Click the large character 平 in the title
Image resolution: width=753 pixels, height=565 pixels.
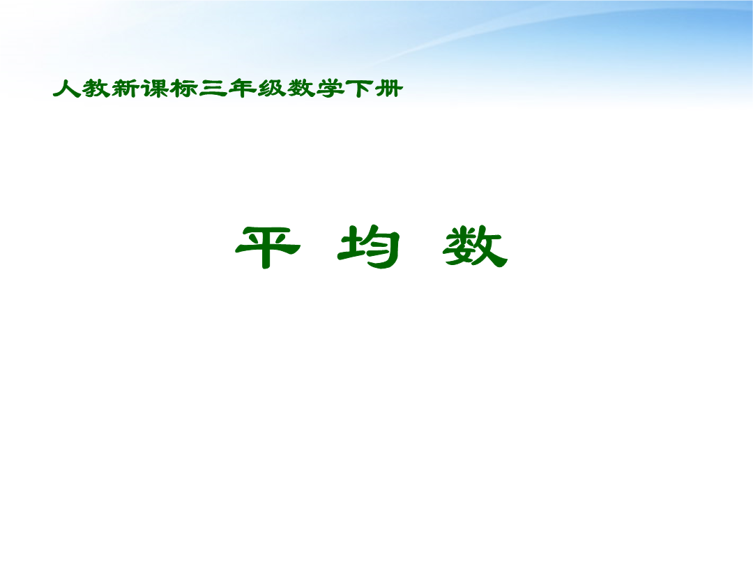(x=268, y=247)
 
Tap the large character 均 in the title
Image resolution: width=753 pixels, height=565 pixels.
(x=369, y=246)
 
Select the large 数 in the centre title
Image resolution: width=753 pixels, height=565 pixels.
(x=475, y=246)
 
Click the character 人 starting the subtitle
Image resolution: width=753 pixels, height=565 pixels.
(x=67, y=89)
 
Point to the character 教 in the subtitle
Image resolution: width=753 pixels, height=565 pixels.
(x=96, y=89)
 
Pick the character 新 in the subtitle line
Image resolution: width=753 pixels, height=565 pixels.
(x=125, y=89)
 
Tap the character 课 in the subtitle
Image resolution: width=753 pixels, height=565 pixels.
(x=154, y=89)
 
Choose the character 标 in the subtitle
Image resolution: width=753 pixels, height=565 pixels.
(x=183, y=89)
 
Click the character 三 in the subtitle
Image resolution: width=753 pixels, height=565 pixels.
(x=213, y=89)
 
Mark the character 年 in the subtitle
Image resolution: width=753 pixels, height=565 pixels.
(x=242, y=89)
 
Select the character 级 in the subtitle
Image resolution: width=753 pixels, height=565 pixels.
(x=271, y=89)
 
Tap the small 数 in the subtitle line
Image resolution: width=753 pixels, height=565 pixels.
(x=301, y=89)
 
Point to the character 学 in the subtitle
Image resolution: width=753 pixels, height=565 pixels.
(x=330, y=89)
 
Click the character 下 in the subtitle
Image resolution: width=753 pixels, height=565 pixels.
(x=359, y=89)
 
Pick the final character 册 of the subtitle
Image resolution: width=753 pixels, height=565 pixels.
(x=388, y=89)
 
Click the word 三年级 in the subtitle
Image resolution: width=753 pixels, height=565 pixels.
(x=243, y=89)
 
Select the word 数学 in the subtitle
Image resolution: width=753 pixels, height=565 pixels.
(x=316, y=89)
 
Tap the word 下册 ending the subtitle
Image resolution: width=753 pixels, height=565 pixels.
(x=374, y=89)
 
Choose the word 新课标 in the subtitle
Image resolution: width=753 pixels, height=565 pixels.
(x=155, y=89)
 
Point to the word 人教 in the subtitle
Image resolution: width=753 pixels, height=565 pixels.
(x=82, y=89)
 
